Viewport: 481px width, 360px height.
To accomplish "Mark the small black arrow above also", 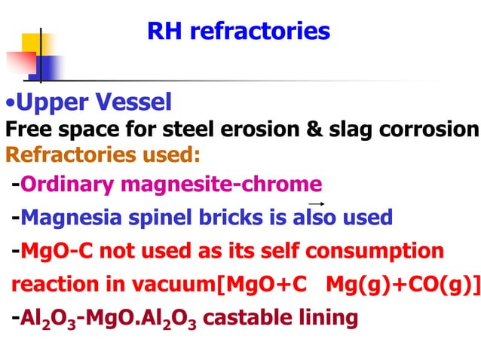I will click(x=316, y=204).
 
